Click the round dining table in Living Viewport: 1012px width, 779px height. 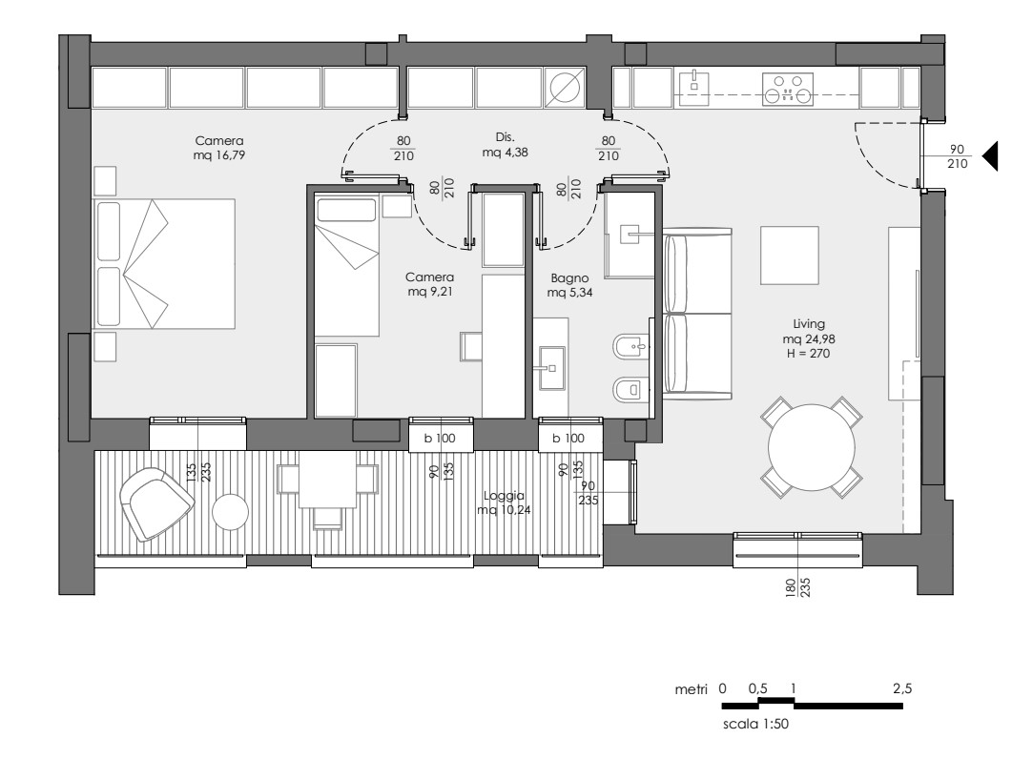click(x=812, y=447)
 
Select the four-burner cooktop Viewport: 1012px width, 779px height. click(x=788, y=89)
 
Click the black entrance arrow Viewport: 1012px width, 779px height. click(x=990, y=155)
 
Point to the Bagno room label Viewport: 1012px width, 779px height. click(x=569, y=278)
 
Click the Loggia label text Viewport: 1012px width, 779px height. click(x=504, y=496)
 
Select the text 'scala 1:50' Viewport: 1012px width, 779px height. click(x=755, y=724)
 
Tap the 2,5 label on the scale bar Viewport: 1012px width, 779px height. click(x=902, y=688)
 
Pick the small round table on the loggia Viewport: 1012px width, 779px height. click(x=231, y=512)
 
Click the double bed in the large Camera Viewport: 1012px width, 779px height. click(x=164, y=264)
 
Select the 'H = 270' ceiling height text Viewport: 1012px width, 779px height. click(x=808, y=353)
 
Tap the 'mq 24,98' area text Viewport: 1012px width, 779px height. click(x=809, y=338)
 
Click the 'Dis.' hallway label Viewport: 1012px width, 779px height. click(x=505, y=136)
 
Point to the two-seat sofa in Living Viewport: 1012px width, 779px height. click(x=697, y=314)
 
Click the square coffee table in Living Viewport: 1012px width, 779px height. click(x=790, y=255)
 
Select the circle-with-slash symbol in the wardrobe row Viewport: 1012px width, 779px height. click(x=565, y=87)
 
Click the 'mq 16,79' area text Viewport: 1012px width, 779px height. click(x=218, y=155)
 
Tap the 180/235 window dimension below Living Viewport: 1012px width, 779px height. click(x=797, y=586)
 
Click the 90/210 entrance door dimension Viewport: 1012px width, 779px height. click(x=957, y=156)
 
